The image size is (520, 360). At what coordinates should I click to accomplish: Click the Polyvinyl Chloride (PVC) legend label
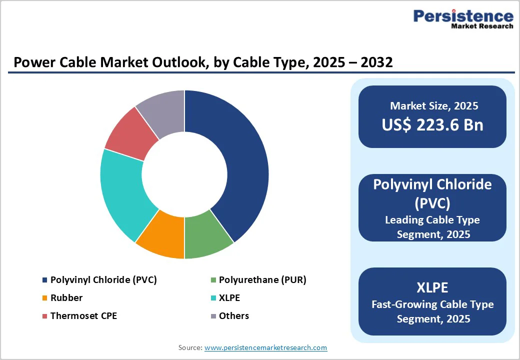(x=103, y=280)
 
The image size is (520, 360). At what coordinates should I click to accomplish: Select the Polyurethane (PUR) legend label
(x=262, y=280)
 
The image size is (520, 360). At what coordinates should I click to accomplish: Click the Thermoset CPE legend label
(x=83, y=316)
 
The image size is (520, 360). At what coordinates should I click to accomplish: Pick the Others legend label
(x=234, y=316)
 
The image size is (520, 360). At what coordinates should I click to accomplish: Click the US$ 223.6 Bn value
(x=432, y=124)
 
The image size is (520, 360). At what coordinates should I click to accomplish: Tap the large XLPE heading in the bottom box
(x=432, y=287)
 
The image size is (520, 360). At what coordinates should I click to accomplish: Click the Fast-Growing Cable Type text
(x=433, y=304)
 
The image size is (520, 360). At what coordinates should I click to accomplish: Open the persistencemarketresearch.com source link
(x=265, y=347)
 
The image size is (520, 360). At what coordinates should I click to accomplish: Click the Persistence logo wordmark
(x=463, y=16)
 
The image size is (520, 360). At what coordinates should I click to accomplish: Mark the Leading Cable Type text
(x=432, y=220)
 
